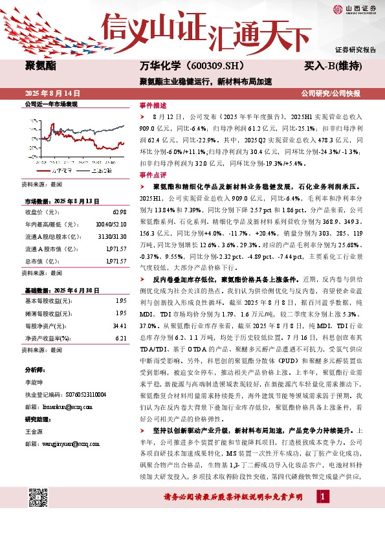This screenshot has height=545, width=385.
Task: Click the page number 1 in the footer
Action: tap(320, 515)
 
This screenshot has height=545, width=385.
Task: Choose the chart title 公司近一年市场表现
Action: tap(50, 104)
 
